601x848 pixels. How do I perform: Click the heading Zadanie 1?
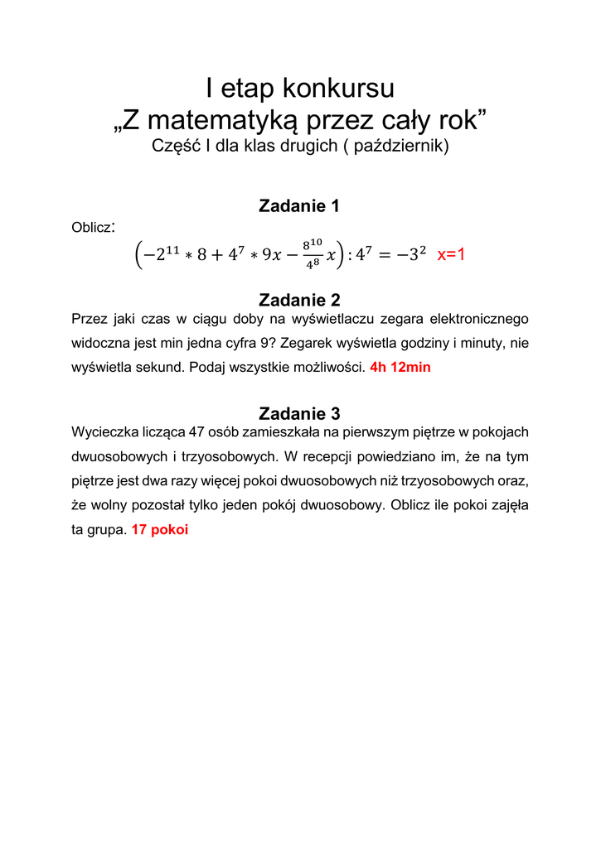[299, 206]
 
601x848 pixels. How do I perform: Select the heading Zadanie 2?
[299, 300]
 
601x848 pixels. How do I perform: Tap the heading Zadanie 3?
[299, 413]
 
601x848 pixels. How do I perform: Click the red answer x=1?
[451, 254]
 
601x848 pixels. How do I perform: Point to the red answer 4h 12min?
[400, 367]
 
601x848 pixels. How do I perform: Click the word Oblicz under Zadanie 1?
[91, 227]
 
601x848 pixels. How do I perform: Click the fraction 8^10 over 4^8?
[312, 253]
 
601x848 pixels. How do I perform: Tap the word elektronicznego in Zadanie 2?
[481, 318]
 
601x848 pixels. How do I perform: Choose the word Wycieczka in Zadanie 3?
[101, 432]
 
